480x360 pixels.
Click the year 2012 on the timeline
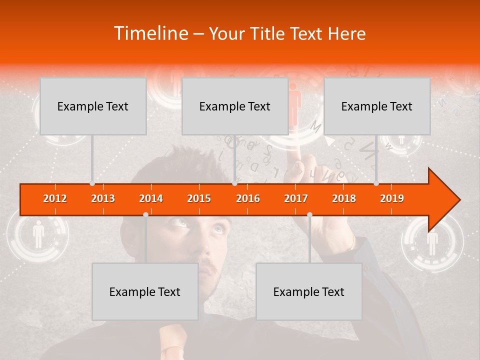coord(55,199)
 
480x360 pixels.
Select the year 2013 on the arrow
coord(103,199)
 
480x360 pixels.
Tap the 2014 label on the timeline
coord(151,199)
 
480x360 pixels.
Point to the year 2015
coord(199,199)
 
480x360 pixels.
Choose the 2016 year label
coord(248,199)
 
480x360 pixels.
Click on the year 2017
coord(296,199)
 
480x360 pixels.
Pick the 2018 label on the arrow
coord(344,199)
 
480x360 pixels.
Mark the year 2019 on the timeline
coord(392,199)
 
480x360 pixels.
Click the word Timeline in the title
coord(150,33)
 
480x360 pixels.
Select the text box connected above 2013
coord(93,106)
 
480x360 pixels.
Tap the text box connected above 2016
coord(235,106)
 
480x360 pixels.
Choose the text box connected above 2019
coord(377,106)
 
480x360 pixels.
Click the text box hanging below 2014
coord(145,291)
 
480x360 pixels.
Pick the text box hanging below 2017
coord(309,291)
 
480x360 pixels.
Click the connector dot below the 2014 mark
coord(145,214)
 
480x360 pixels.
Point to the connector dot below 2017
coord(309,214)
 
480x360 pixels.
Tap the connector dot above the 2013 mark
coord(92,183)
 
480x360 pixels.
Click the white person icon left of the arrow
coord(38,236)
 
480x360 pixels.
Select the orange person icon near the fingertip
coord(294,97)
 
